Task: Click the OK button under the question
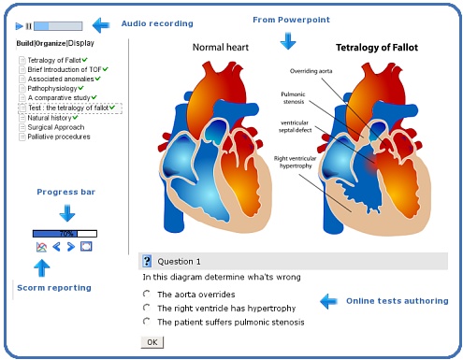(x=152, y=342)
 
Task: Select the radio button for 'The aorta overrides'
(x=146, y=294)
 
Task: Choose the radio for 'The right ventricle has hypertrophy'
(x=146, y=308)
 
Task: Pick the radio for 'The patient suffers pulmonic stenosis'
(x=146, y=321)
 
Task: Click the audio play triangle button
(x=19, y=26)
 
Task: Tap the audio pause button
(x=28, y=26)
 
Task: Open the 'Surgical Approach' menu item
(x=56, y=127)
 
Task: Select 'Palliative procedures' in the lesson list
(x=59, y=137)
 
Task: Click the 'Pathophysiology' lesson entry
(x=52, y=88)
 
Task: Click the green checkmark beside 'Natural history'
(x=75, y=118)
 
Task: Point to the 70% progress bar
(x=65, y=234)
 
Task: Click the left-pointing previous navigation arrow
(x=56, y=247)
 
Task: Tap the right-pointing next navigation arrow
(x=71, y=247)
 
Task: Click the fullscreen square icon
(x=86, y=247)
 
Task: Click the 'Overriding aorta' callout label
(x=311, y=71)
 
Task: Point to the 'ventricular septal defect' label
(x=295, y=126)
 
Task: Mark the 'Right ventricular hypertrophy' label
(x=295, y=162)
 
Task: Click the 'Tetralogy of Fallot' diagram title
(x=377, y=48)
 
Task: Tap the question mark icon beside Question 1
(x=147, y=261)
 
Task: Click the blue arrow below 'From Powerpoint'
(x=288, y=41)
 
